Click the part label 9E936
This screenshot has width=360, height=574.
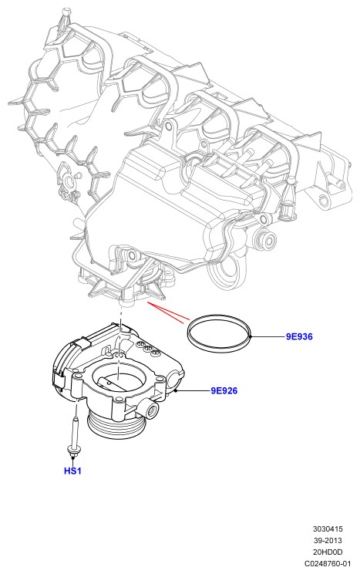click(299, 336)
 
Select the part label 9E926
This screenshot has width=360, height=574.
click(224, 390)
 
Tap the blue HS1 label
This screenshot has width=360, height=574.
click(72, 471)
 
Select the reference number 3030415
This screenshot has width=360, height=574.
click(328, 528)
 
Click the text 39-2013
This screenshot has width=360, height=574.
click(328, 540)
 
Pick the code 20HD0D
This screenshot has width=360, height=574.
click(328, 552)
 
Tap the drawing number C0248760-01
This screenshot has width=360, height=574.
click(328, 563)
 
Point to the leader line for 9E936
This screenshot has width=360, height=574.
click(267, 336)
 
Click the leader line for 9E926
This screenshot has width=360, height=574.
click(193, 390)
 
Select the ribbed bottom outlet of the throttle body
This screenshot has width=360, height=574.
click(116, 424)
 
